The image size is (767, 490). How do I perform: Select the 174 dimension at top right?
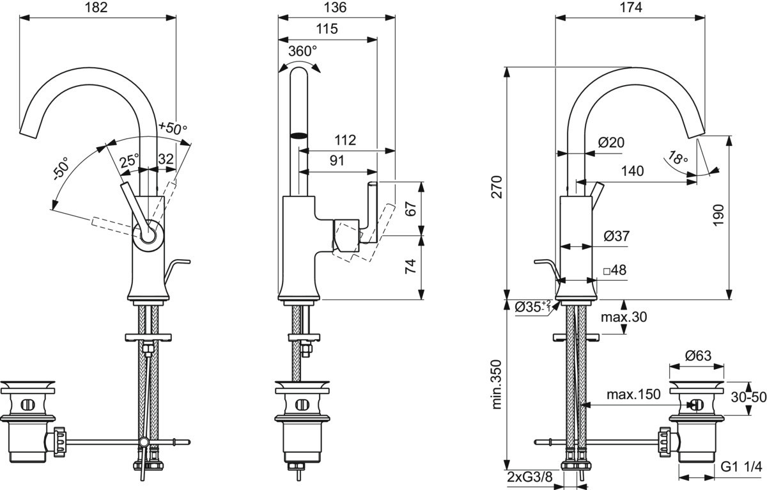click(630, 8)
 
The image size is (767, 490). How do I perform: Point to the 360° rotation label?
click(303, 51)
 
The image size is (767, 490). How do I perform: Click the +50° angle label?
click(173, 128)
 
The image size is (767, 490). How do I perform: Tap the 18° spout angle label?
click(678, 157)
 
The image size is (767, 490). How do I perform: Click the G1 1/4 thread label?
click(742, 466)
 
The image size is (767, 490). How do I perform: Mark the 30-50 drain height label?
click(749, 397)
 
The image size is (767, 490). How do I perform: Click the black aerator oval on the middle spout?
click(299, 136)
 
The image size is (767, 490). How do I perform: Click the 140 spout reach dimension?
click(632, 171)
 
